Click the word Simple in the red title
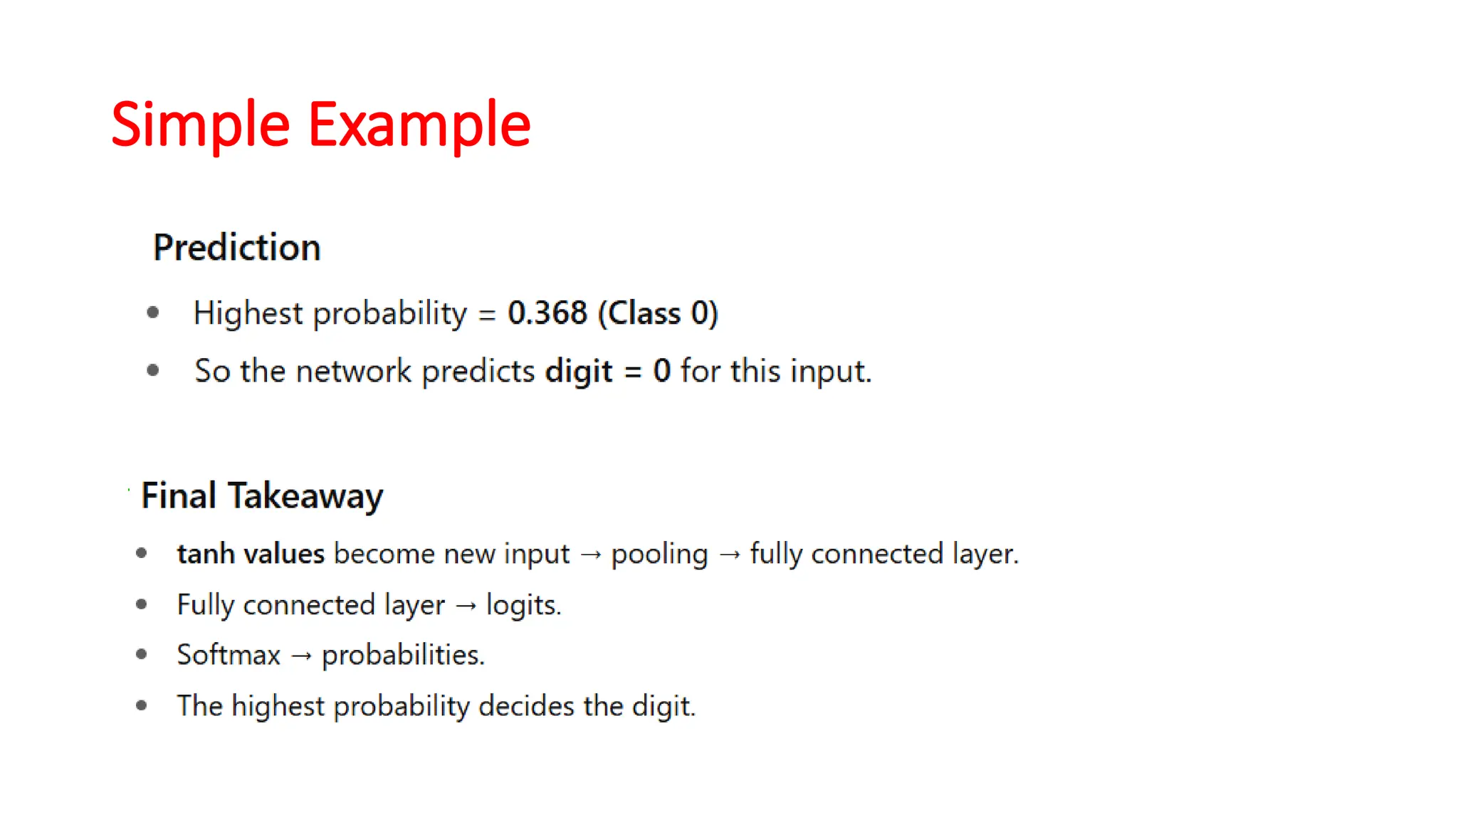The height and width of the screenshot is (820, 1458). coord(200,125)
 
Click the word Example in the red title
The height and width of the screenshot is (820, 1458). coord(419,125)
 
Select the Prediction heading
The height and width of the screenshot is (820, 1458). coord(236,248)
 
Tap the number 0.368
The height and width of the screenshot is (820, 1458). coord(547,313)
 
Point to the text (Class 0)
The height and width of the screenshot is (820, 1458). coord(658,313)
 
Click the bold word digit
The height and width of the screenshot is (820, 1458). coord(578,371)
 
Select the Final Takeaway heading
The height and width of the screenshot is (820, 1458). coord(262,495)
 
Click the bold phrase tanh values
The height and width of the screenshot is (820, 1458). coord(251,554)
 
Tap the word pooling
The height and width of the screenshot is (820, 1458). coord(659,554)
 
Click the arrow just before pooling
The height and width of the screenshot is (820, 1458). coord(590,554)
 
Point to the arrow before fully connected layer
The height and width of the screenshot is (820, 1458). coord(730,554)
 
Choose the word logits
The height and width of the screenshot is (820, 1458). coord(523,605)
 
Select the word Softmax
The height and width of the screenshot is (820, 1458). coord(229,655)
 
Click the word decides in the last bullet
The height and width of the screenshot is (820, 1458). coord(526,706)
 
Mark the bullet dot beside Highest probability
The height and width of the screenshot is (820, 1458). coord(152,312)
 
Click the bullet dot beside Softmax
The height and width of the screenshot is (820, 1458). coord(141,654)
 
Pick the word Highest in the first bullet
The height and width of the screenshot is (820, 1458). coord(248,313)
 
